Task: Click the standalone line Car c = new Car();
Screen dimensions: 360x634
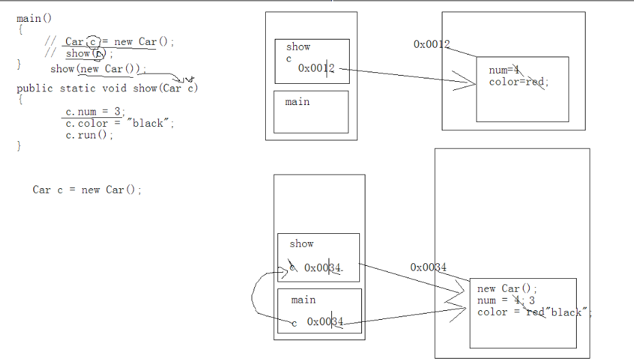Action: pos(87,190)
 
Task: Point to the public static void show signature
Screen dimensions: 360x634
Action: pos(107,89)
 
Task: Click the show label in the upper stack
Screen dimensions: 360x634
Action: pos(299,47)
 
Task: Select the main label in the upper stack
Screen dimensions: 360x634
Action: pos(297,102)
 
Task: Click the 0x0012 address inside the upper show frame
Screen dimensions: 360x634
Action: pos(316,68)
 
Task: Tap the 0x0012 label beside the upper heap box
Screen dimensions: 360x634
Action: pos(432,44)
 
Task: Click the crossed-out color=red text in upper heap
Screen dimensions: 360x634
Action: pos(518,82)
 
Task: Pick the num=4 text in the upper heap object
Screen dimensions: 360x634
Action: pos(504,70)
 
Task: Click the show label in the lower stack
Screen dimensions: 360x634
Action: pos(302,243)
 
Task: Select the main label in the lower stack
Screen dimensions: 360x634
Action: pos(303,300)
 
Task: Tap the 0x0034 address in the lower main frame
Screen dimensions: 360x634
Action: pos(325,322)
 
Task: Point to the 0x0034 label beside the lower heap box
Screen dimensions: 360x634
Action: pos(428,267)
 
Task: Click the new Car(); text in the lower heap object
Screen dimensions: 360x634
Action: pos(507,288)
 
